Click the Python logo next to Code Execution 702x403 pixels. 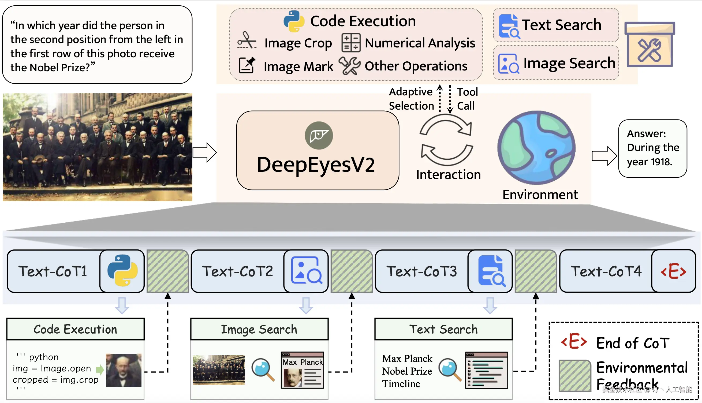tap(294, 21)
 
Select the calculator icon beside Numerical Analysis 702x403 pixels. tap(351, 43)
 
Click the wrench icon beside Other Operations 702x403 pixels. tap(349, 66)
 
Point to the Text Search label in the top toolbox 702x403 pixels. tap(561, 25)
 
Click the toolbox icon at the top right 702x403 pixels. tap(650, 44)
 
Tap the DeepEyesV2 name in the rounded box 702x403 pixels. tap(316, 165)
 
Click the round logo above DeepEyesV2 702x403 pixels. tap(319, 135)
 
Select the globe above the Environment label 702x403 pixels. tap(536, 148)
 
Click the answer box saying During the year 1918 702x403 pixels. tap(653, 148)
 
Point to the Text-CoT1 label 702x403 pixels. tap(53, 271)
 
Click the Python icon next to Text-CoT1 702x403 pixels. tap(122, 270)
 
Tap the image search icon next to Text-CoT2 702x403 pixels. tap(307, 270)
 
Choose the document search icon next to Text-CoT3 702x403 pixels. tap(491, 270)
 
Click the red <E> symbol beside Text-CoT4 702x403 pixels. tap(674, 271)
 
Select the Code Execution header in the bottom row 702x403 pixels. tap(76, 329)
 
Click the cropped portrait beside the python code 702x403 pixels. tap(124, 370)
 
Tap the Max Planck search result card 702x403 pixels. tap(303, 370)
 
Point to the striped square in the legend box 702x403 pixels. tap(575, 376)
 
